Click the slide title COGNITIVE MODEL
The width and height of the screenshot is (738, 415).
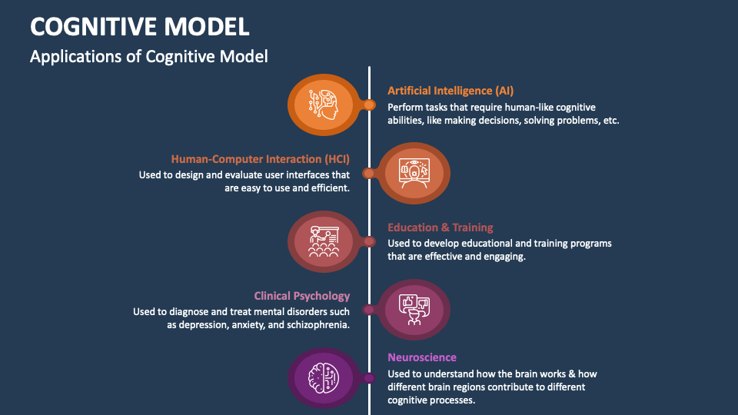pos(139,26)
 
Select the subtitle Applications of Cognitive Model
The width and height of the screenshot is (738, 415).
pos(148,57)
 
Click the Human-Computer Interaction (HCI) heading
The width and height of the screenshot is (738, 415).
pos(260,159)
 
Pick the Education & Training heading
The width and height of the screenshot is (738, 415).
pos(440,227)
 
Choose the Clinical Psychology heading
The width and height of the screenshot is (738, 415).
pos(302,296)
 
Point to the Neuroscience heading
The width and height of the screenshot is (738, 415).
pos(421,357)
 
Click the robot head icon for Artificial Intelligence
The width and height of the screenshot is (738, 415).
pos(323,104)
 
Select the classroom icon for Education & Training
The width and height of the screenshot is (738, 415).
pos(323,241)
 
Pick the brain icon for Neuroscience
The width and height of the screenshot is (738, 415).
pos(323,377)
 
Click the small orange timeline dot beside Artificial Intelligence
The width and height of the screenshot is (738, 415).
pos(370,105)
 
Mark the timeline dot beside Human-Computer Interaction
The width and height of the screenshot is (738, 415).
pos(368,173)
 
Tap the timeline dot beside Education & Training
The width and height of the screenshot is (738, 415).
pos(370,241)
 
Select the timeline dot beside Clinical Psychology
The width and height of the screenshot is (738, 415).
pos(368,310)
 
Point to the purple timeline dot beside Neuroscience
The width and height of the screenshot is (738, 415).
pos(370,377)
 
